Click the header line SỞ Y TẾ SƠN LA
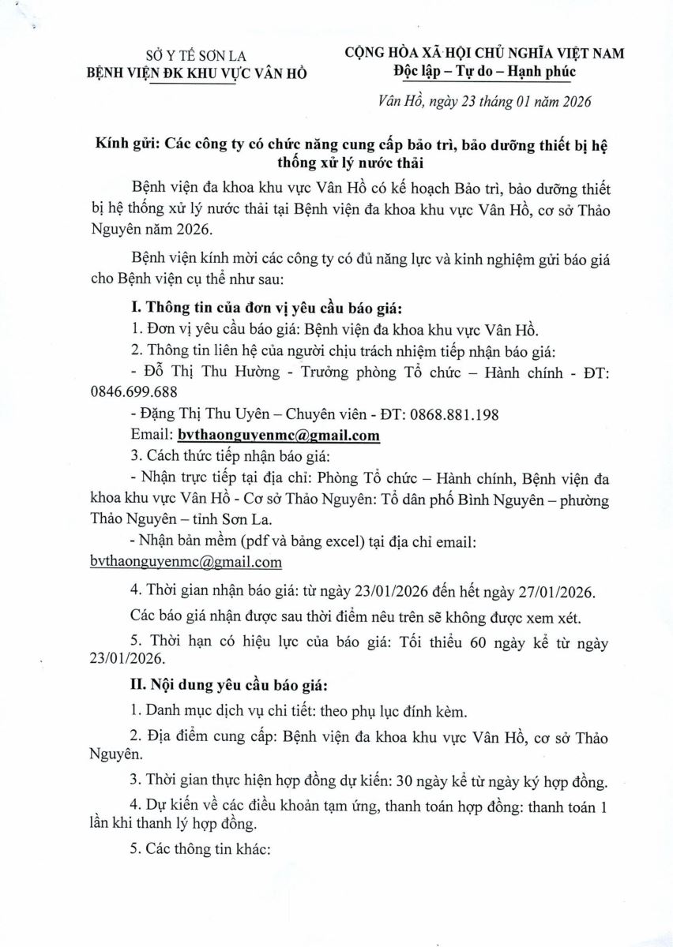coord(197,55)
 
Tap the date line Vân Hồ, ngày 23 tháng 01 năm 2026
coord(484,102)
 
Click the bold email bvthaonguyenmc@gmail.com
coord(279,435)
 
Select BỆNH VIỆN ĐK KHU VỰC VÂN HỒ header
coord(197,73)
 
